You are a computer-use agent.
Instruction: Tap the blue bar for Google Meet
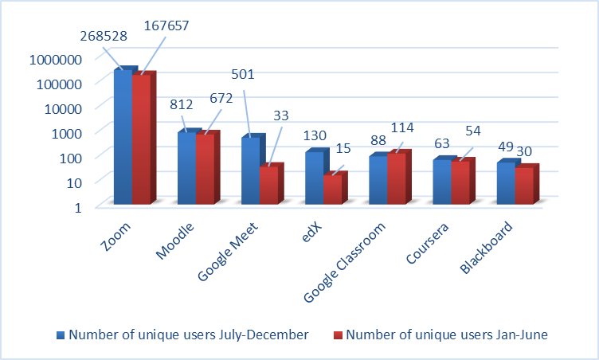click(x=250, y=171)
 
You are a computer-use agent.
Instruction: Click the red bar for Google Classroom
click(x=396, y=178)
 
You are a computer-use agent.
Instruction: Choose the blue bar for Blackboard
click(x=506, y=183)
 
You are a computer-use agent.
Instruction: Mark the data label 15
click(x=343, y=150)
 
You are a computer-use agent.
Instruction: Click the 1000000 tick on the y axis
click(x=53, y=59)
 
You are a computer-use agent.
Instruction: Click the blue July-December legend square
click(x=61, y=335)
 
